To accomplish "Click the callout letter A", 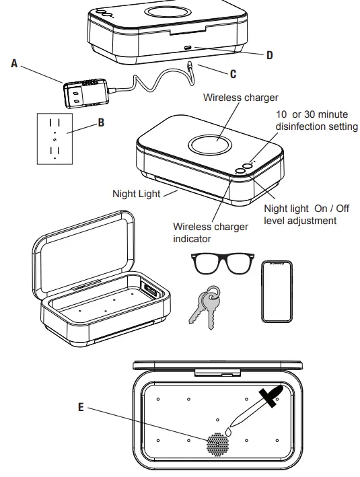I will click(13, 64).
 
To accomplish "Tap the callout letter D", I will click(269, 55).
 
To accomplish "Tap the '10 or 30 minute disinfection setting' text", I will click(316, 121).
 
